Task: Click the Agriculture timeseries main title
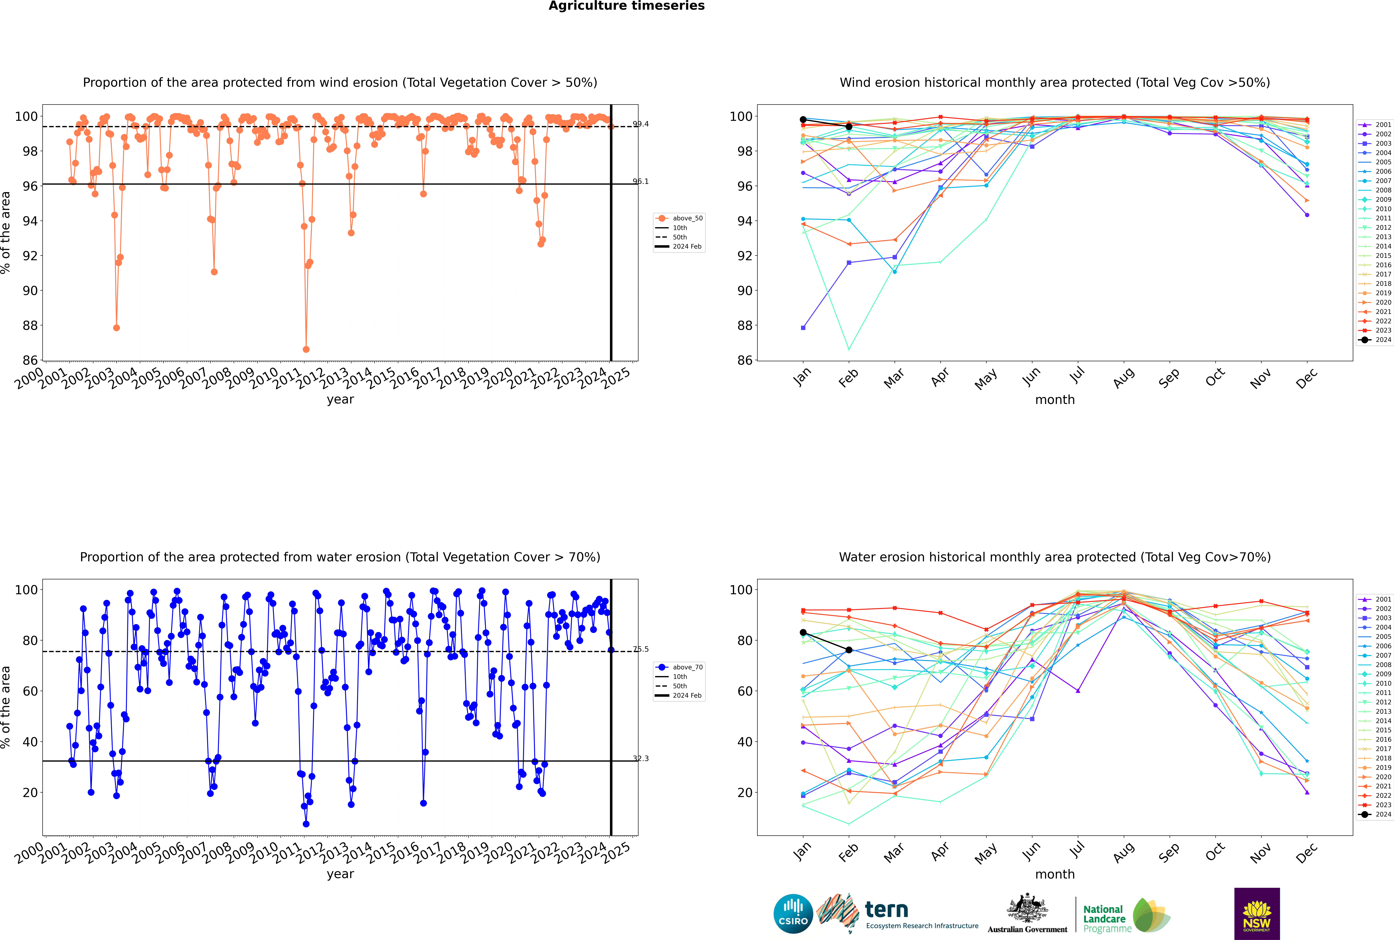626,6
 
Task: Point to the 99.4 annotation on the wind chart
641,124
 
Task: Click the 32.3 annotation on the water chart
641,758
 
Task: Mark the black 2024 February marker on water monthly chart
849,650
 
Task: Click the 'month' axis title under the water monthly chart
1055,875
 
